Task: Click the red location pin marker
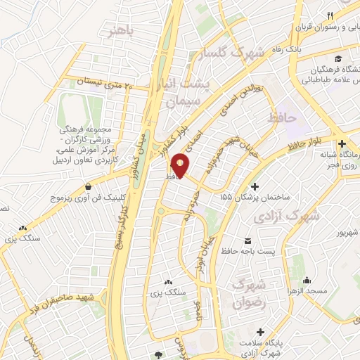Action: [181, 165]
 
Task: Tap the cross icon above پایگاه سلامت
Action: [262, 331]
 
